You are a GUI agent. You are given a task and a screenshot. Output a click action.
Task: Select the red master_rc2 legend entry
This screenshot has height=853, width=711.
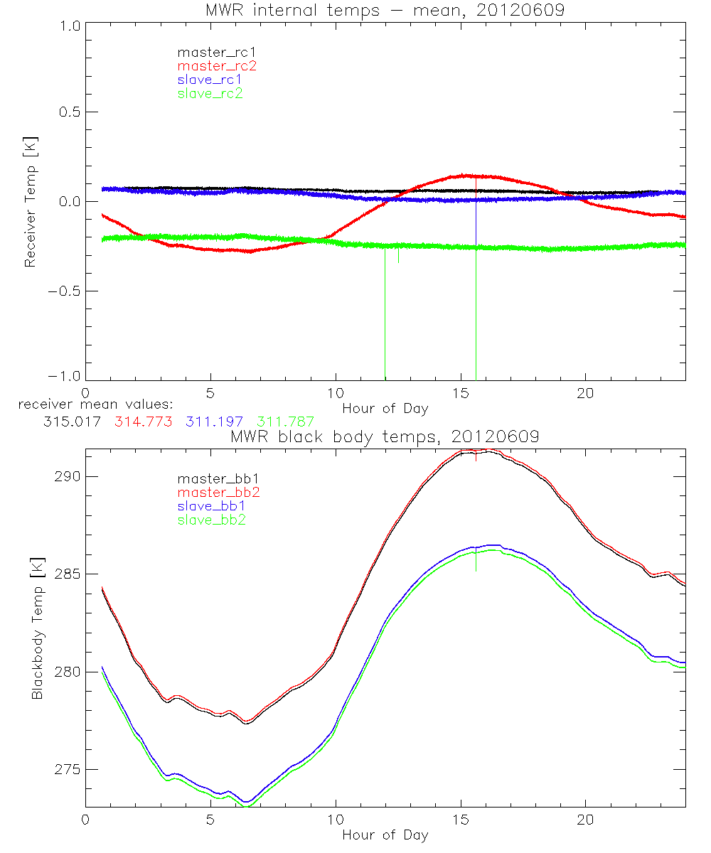pos(216,66)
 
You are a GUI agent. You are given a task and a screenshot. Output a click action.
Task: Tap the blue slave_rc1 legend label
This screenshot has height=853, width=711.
pos(210,80)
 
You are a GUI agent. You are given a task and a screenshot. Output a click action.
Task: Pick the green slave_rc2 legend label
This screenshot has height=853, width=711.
pos(210,93)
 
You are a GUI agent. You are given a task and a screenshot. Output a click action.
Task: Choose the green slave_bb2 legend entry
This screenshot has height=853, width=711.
pos(210,520)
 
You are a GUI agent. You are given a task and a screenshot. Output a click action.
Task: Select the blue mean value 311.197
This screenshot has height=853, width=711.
pos(215,422)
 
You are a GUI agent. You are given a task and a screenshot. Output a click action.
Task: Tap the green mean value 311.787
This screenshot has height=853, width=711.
pos(285,422)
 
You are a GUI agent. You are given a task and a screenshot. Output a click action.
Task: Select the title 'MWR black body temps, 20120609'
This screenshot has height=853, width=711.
pos(385,437)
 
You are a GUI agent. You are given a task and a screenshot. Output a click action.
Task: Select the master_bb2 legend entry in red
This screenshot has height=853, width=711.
pos(216,493)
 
